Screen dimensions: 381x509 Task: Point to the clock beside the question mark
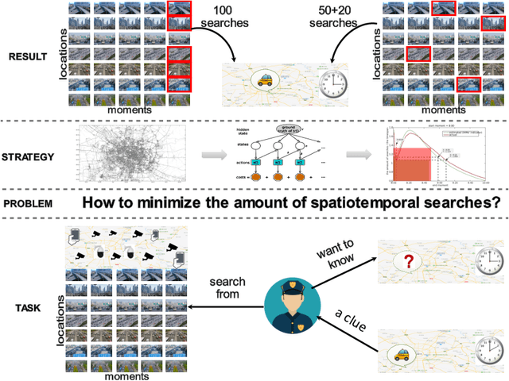[488, 259]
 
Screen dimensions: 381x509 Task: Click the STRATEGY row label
[29, 156]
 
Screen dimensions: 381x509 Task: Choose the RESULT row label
[29, 56]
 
